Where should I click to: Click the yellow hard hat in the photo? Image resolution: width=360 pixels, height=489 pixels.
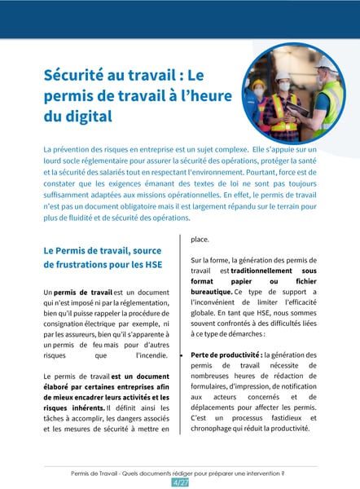[x=258, y=84]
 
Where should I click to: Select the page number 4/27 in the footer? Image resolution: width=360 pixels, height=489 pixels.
[x=180, y=482]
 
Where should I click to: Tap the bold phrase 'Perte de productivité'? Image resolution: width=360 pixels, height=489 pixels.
[x=224, y=355]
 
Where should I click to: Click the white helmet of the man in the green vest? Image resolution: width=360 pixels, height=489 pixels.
[x=324, y=63]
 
